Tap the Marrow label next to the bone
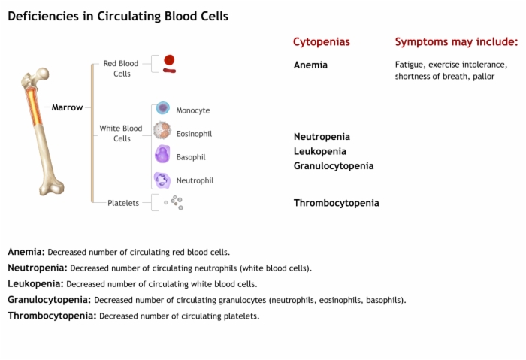click(x=67, y=107)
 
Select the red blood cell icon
click(x=169, y=64)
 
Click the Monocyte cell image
click(x=163, y=108)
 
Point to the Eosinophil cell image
click(x=162, y=130)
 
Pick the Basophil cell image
click(x=162, y=154)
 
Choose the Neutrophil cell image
click(x=162, y=180)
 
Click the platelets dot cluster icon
click(x=174, y=203)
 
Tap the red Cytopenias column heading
click(x=322, y=42)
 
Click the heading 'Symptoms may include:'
click(x=456, y=41)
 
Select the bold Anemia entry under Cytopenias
click(x=310, y=65)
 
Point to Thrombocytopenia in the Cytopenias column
click(x=337, y=203)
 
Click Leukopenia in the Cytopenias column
click(x=320, y=151)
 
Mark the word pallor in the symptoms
click(x=484, y=77)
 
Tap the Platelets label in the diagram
click(x=123, y=203)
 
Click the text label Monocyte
click(x=193, y=110)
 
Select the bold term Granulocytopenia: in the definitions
click(x=50, y=300)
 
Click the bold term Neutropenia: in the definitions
click(x=38, y=268)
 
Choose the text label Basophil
click(x=191, y=157)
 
